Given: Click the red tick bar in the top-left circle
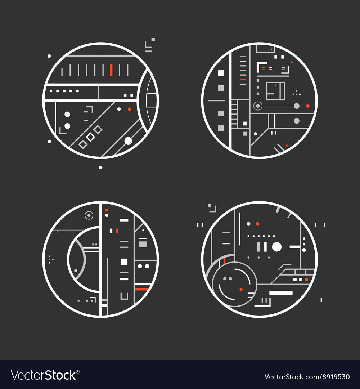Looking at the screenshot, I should coord(111,70).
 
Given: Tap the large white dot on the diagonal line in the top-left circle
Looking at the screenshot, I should coord(128,141).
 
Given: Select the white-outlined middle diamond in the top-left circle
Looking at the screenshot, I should coord(90,137).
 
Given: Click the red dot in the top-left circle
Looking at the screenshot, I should coord(129,109).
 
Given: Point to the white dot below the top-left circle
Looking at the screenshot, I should coord(100,167).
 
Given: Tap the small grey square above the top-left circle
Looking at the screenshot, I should coord(153,40).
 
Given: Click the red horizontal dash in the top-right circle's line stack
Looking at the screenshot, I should coord(243,79).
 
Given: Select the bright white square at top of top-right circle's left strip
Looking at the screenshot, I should coord(221,73).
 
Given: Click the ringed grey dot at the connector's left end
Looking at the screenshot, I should coord(257,106).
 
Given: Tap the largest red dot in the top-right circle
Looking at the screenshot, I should coord(307,106).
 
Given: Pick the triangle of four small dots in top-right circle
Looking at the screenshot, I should coord(296,93).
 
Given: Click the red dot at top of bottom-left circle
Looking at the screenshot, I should coord(107,210).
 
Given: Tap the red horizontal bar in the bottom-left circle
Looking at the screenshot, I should coord(141,289).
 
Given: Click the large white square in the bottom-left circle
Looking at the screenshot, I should coord(124,262).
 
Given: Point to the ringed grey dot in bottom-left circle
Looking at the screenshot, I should coord(89,215).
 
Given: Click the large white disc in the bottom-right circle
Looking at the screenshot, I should coord(276,247).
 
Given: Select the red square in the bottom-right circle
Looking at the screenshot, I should coord(306,280).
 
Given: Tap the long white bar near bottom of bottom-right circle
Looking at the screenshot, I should coord(281,293).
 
